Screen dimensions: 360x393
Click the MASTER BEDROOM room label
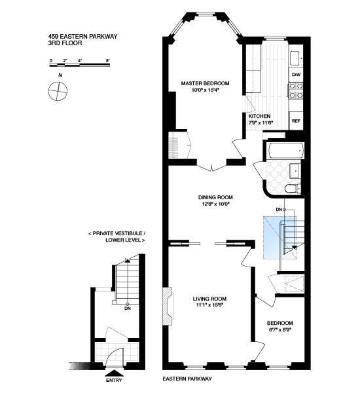point(205,83)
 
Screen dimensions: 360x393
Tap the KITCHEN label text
point(259,116)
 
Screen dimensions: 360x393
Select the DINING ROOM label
point(215,197)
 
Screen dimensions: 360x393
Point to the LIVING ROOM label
point(209,299)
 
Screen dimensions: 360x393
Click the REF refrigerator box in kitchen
point(296,121)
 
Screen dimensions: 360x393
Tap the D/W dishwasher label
point(296,75)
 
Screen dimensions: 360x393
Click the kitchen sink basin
point(295,58)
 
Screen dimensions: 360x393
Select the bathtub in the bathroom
point(286,151)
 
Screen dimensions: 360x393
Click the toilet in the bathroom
point(293,189)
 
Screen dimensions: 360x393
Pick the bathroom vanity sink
point(295,171)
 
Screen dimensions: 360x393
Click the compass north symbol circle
point(58,91)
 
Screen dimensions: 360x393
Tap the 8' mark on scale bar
point(108,60)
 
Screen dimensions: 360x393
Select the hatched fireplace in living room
point(168,307)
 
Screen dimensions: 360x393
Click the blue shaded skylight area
point(280,237)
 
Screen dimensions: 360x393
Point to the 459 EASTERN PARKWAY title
point(82,36)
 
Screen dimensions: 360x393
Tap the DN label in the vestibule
point(128,309)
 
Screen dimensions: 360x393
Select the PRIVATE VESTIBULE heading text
point(117,233)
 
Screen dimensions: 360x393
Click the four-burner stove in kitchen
point(296,91)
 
